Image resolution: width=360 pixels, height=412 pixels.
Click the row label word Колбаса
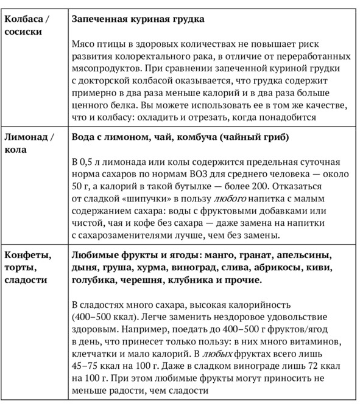pos(23,19)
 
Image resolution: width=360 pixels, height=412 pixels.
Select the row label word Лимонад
pos(25,137)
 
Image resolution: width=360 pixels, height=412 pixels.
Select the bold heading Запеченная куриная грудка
pos(138,19)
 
